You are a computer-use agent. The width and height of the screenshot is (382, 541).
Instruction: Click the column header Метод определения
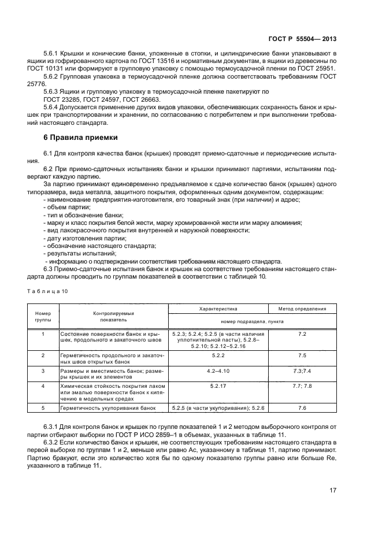pyautogui.click(x=302, y=309)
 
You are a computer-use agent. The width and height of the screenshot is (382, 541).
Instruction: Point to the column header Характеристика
pyautogui.click(x=218, y=309)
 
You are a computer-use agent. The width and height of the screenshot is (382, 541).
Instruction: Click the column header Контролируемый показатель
pyautogui.click(x=113, y=316)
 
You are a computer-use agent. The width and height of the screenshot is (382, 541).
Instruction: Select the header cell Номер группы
pyautogui.click(x=43, y=316)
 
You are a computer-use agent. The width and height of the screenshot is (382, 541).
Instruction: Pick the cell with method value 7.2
pyautogui.click(x=302, y=334)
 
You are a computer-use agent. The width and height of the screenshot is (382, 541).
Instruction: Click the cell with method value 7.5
pyautogui.click(x=302, y=355)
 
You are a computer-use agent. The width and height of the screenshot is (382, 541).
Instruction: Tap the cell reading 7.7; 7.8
pyautogui.click(x=302, y=385)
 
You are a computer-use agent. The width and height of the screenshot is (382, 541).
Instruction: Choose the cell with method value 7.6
pyautogui.click(x=302, y=408)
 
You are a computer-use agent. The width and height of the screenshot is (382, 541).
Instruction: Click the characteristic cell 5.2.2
pyautogui.click(x=218, y=355)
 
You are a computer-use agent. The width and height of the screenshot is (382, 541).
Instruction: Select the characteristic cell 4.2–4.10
pyautogui.click(x=218, y=370)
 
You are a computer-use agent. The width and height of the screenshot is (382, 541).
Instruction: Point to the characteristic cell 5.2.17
pyautogui.click(x=218, y=385)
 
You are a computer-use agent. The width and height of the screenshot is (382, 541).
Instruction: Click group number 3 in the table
pyautogui.click(x=43, y=370)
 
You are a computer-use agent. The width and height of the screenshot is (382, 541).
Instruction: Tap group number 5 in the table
pyautogui.click(x=43, y=408)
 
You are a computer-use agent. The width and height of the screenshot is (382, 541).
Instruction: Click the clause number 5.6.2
pyautogui.click(x=53, y=76)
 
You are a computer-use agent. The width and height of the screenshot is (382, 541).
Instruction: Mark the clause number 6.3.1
pyautogui.click(x=53, y=427)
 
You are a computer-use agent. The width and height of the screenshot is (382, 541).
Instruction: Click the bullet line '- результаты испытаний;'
pyautogui.click(x=80, y=253)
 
